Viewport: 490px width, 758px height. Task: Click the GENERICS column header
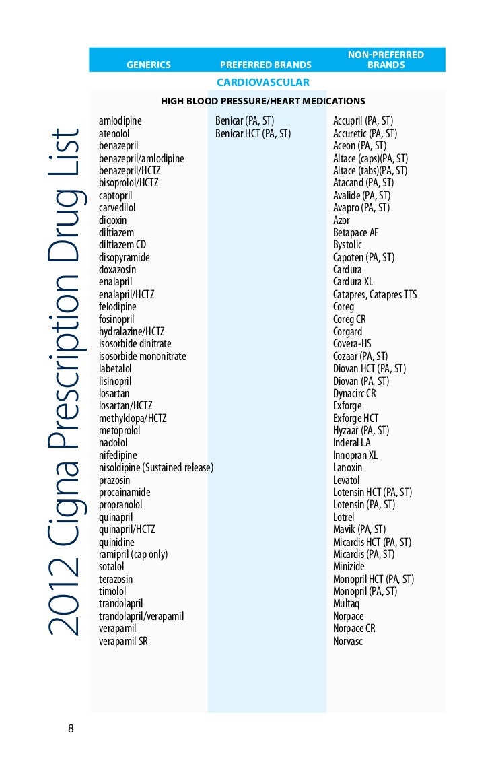click(149, 65)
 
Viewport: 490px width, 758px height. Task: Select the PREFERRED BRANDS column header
click(266, 65)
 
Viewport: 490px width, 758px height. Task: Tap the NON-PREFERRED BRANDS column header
click(386, 60)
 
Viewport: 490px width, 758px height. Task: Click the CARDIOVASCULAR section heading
click(263, 83)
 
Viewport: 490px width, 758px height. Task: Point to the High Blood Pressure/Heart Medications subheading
click(263, 101)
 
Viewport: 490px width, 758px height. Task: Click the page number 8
click(71, 728)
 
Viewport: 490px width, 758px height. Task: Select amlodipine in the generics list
click(120, 121)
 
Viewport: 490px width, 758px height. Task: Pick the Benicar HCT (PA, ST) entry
click(253, 133)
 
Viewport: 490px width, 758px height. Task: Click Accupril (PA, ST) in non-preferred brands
click(363, 121)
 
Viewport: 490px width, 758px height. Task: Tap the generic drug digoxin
click(112, 220)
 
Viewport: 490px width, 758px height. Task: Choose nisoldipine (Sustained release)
click(156, 468)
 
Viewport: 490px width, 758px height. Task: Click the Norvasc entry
click(348, 641)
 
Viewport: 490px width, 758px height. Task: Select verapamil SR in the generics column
click(123, 641)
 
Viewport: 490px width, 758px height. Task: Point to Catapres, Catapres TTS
click(375, 294)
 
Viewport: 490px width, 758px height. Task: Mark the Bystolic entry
click(347, 245)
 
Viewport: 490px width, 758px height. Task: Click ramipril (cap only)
click(133, 554)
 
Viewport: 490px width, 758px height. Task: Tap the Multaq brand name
click(347, 604)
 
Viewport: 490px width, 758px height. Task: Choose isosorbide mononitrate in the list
click(143, 356)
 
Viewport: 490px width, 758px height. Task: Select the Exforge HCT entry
click(356, 418)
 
